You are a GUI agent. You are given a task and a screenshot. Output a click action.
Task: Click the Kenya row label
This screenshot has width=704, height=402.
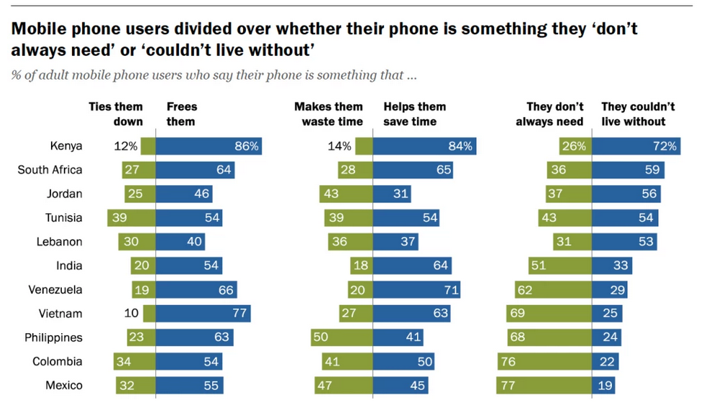point(66,146)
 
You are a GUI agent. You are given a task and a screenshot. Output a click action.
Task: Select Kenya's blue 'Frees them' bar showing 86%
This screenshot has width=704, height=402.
point(209,146)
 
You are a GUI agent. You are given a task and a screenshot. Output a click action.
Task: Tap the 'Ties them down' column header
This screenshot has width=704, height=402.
point(116,113)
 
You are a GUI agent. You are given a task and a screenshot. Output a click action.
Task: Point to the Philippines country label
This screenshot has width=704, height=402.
point(53,337)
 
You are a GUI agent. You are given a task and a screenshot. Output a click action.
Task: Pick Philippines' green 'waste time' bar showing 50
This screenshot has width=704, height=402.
point(342,337)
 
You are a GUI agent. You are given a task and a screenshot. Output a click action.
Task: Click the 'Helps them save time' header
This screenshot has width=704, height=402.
point(414,113)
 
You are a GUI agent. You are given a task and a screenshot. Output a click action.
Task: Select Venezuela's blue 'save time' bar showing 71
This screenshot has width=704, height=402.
point(416,289)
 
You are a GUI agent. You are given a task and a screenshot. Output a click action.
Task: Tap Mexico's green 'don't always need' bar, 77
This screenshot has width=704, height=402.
point(544,385)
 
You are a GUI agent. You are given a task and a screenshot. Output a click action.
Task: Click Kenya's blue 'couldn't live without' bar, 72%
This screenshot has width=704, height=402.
point(635,146)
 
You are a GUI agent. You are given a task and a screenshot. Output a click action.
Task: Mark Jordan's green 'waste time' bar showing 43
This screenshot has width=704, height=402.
point(346,194)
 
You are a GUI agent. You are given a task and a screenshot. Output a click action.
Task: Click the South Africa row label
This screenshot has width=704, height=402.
point(50,170)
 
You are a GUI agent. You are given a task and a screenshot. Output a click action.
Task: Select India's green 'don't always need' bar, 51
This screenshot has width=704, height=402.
point(559,266)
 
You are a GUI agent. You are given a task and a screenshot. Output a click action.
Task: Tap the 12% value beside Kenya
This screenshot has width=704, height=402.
point(126,146)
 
